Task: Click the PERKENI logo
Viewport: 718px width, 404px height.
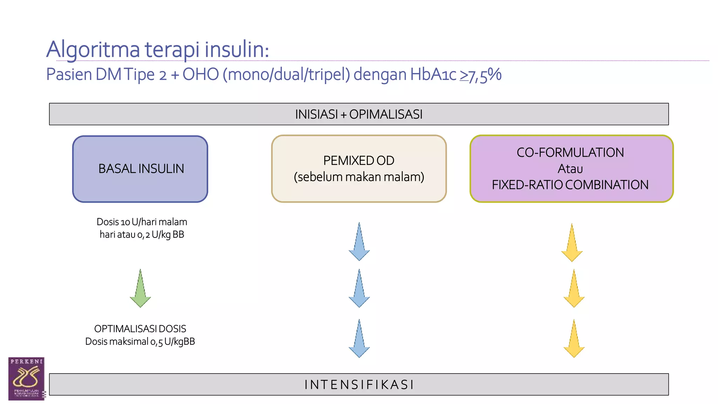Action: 26,379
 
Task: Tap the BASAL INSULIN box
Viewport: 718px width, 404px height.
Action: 140,169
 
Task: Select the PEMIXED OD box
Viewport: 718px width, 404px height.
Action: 359,169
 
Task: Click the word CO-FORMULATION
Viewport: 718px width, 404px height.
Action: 570,153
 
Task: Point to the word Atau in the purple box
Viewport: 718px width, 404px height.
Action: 570,169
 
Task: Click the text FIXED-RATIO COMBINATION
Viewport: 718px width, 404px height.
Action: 570,185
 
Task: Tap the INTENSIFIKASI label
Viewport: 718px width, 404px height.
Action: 359,385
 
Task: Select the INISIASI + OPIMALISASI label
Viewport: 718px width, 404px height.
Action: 359,114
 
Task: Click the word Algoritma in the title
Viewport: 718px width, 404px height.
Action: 93,50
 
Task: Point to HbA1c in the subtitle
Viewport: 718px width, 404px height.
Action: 433,74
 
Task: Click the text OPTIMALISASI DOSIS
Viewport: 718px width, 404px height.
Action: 140,329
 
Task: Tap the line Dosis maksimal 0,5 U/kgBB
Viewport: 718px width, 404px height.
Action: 140,342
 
